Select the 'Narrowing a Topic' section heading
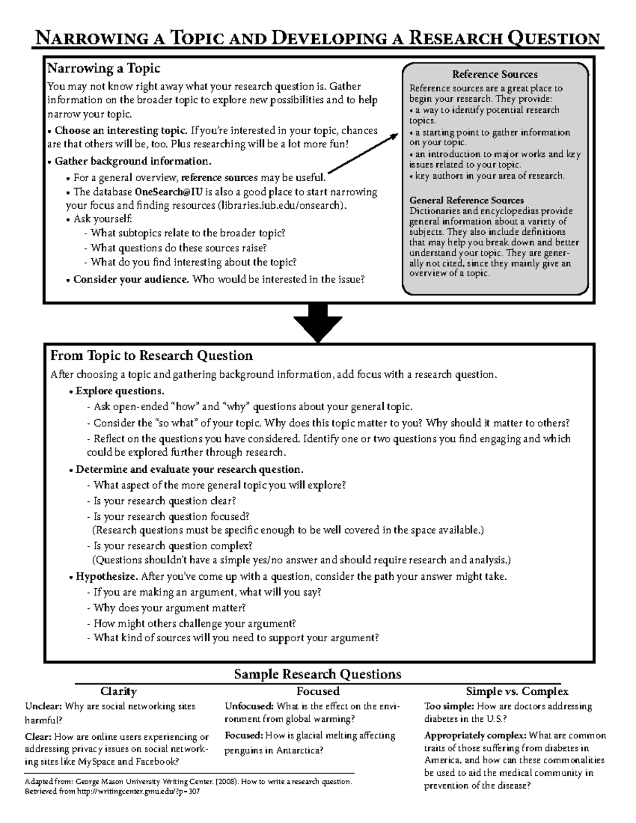(104, 68)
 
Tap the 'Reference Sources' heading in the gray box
(494, 74)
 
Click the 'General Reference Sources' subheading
(467, 200)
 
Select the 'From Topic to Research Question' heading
(151, 355)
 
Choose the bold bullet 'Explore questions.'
(119, 391)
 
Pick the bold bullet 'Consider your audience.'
(131, 279)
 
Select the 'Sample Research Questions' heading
(317, 674)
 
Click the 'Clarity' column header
(119, 692)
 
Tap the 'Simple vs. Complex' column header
(517, 692)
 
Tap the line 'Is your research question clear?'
(164, 501)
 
